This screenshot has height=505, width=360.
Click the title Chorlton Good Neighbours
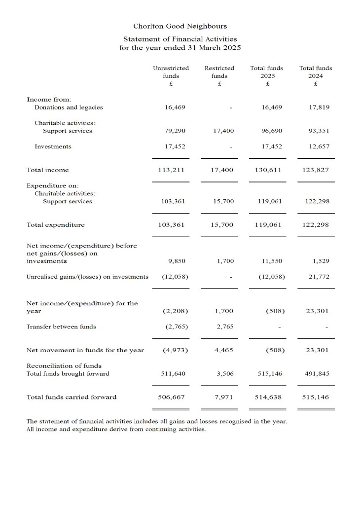point(180,26)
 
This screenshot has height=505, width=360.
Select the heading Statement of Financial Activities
point(180,38)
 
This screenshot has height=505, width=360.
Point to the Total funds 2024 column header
point(316,75)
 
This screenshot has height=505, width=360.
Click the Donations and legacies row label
point(69,107)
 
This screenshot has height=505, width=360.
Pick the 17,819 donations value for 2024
point(319,107)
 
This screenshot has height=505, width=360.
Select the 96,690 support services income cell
point(271,131)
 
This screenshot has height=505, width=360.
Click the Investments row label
point(53,146)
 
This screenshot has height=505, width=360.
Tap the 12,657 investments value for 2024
point(319,146)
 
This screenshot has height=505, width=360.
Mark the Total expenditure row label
point(55,225)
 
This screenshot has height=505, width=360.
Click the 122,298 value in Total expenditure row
point(317,225)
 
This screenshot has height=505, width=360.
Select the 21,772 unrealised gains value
point(319,277)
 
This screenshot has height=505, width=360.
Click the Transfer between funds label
point(61,326)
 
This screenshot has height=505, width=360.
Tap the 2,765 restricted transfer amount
point(225,326)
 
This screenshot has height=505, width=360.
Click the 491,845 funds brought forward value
point(317,374)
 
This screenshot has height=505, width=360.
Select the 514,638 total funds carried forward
point(269,397)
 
